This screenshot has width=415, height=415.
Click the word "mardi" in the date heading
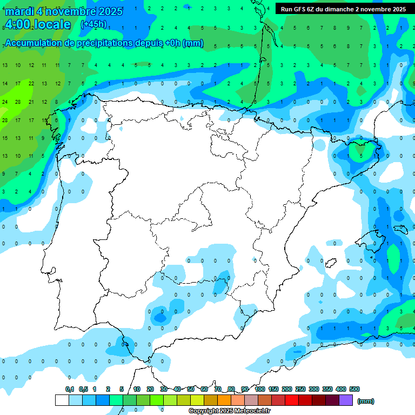pos(19,11)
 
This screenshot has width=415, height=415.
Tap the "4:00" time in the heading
pos(18,24)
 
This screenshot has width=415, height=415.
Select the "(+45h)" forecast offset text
pos(93,24)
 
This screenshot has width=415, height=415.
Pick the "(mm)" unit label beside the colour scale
pos(366,401)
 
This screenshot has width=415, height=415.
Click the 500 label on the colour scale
pos(354,389)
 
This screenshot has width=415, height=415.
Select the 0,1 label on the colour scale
pos(70,389)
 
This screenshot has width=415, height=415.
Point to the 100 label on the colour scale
pos(260,389)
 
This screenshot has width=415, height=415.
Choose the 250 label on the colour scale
pos(300,389)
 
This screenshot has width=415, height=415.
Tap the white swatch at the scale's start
pos(62,400)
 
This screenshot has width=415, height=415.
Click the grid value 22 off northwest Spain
pos(31,84)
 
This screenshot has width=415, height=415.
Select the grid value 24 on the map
pos(5,102)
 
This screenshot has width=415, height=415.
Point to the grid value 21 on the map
pos(31,102)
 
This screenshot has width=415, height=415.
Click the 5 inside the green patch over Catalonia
pos(362,156)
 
